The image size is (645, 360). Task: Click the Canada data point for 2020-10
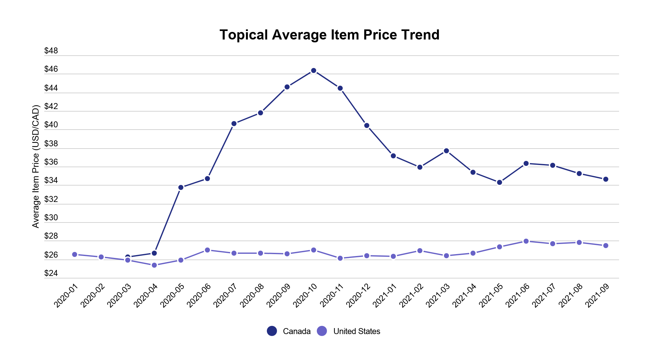click(314, 70)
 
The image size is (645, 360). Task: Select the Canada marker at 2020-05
click(181, 187)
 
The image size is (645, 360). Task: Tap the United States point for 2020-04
click(154, 265)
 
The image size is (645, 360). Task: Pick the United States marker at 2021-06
click(526, 241)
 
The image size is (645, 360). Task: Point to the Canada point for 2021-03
click(446, 151)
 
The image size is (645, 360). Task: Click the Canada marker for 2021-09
click(606, 179)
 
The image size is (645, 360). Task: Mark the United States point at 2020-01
click(75, 254)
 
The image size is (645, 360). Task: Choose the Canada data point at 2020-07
click(234, 124)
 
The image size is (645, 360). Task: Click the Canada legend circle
click(272, 331)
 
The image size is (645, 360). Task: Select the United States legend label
click(357, 331)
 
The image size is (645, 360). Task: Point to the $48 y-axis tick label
click(51, 51)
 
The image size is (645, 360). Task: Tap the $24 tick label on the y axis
click(51, 273)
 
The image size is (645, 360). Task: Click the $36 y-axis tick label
click(51, 162)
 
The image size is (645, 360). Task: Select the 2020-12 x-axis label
click(359, 295)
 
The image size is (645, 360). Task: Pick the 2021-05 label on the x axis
click(491, 295)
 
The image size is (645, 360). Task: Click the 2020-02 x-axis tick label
click(93, 295)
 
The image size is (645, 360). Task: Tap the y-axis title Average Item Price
click(36, 167)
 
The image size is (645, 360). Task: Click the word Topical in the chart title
click(243, 35)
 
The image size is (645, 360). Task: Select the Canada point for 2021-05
click(500, 182)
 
